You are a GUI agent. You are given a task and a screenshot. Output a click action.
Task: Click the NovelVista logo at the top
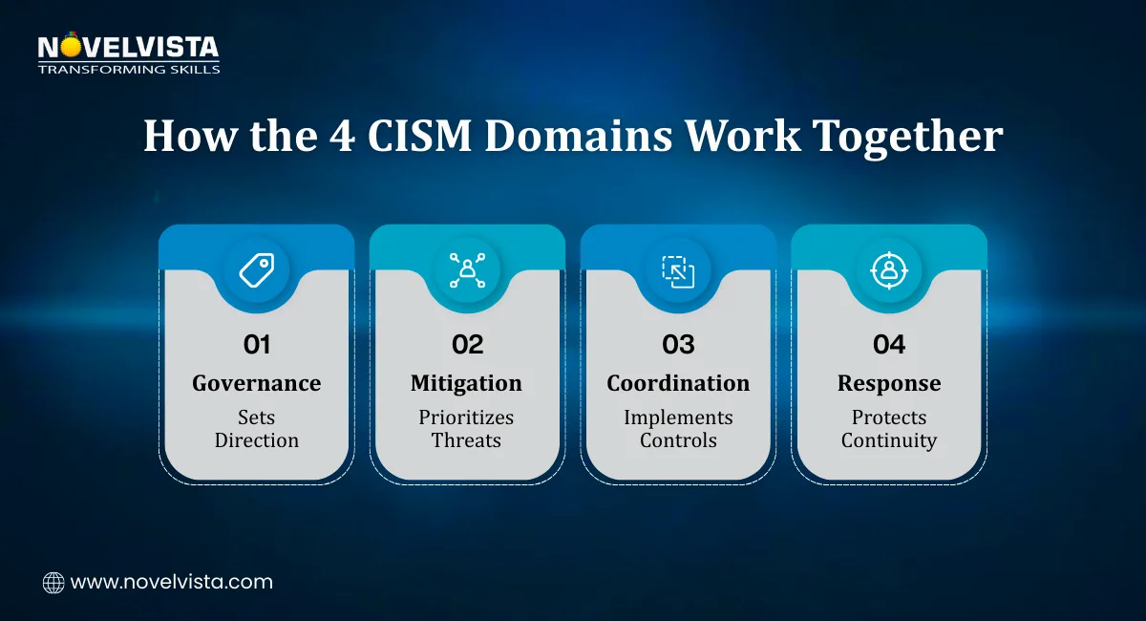point(128,54)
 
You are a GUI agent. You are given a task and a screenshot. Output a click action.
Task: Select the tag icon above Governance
point(256,270)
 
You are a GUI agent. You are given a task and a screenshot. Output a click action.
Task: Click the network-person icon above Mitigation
point(467,270)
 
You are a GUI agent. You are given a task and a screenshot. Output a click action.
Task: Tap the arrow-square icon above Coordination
point(678,270)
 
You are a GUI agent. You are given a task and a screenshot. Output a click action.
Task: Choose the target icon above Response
point(889,270)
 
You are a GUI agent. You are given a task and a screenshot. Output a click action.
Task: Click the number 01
point(256,344)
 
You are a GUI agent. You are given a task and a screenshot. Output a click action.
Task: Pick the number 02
point(467,344)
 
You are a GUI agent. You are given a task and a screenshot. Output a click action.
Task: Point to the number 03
point(678,344)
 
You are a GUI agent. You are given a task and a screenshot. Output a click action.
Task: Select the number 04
point(889,344)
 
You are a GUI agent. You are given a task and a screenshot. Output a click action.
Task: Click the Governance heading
point(256,383)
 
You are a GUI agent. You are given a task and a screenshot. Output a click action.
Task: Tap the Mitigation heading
point(467,383)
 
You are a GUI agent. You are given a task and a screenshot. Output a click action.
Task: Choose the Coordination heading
point(678,383)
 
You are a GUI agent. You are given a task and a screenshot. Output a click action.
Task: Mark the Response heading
point(889,383)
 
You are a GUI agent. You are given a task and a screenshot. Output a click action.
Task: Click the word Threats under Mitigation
point(467,440)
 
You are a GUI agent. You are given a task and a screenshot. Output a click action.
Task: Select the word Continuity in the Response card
point(889,440)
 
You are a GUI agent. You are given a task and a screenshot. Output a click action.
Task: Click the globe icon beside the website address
point(53,582)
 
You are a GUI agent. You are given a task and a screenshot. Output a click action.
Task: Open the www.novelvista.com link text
point(172,582)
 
